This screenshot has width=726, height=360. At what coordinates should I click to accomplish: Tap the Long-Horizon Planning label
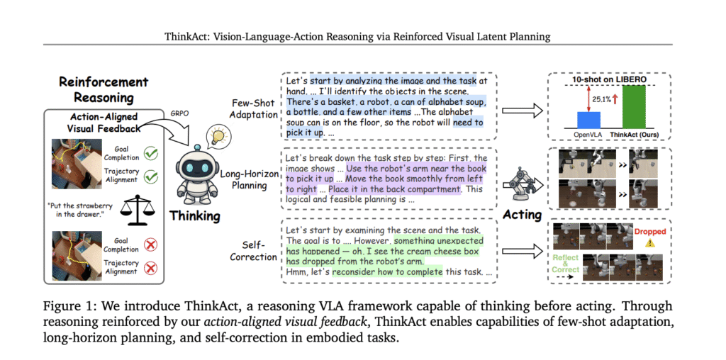click(243, 181)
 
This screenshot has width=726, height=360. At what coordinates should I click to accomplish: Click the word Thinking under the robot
click(194, 215)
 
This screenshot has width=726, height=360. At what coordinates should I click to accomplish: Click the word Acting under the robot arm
click(522, 215)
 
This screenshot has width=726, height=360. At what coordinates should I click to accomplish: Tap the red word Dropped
click(650, 232)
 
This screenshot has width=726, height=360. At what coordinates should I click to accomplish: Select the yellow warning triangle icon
click(650, 244)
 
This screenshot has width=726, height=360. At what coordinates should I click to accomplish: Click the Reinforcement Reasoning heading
click(104, 90)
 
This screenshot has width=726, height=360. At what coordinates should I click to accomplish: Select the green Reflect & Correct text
click(566, 264)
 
